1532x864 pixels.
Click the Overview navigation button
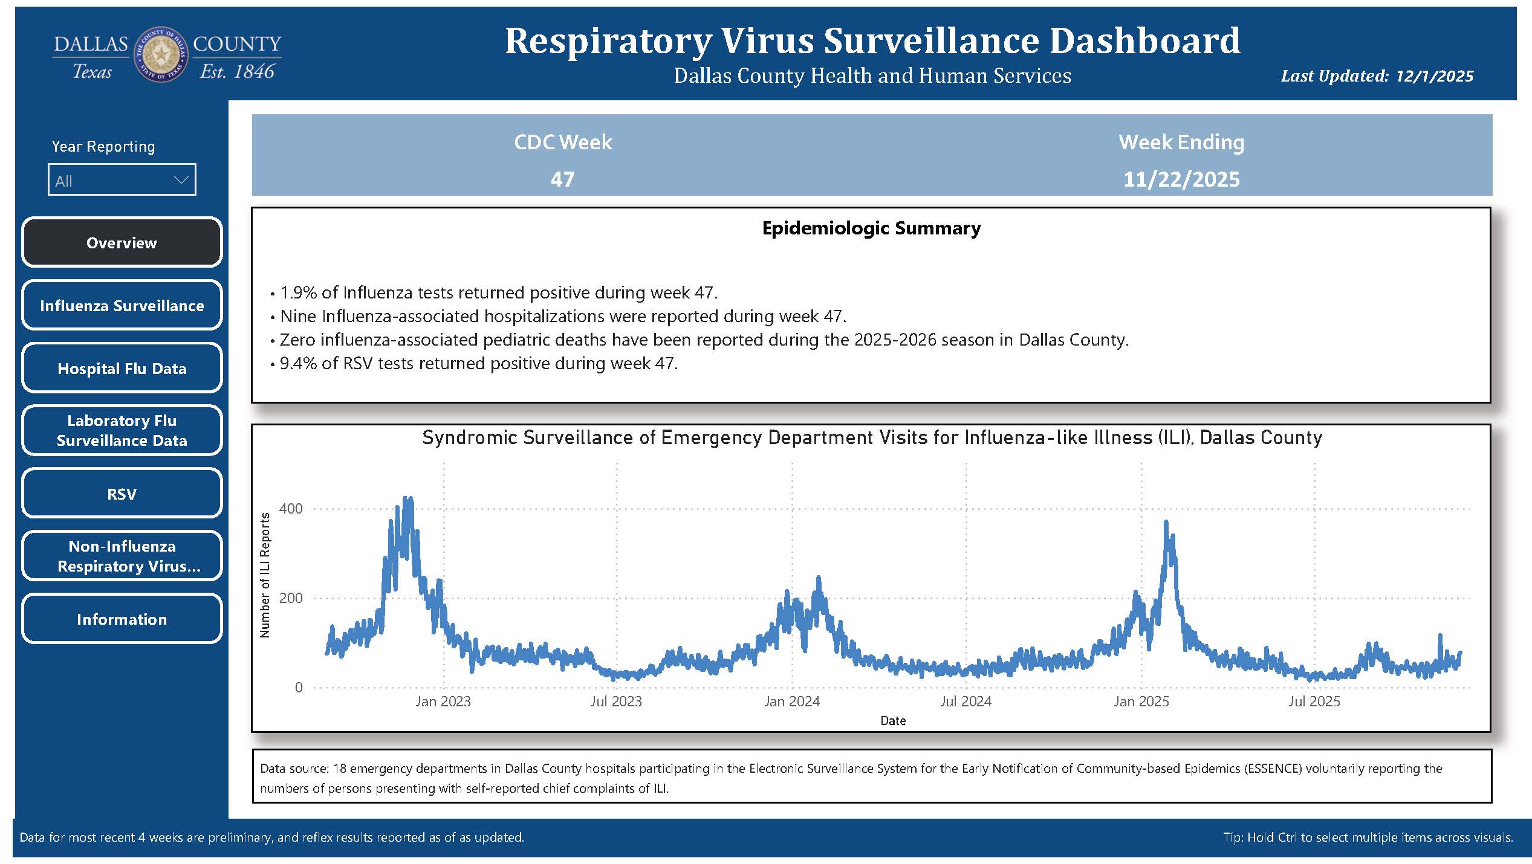point(122,242)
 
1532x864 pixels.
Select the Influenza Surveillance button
point(122,305)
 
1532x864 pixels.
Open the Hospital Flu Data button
point(122,368)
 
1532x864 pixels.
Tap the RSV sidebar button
point(122,494)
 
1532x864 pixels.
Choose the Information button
point(122,619)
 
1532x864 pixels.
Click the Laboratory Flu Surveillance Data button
point(122,430)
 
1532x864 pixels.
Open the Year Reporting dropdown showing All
point(122,180)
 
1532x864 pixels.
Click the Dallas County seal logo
point(161,55)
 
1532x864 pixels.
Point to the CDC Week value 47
point(562,179)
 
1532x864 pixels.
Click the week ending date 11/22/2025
point(1181,179)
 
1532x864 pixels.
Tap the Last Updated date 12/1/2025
point(1434,76)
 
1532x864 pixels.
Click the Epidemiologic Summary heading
point(871,228)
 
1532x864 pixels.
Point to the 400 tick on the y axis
point(291,509)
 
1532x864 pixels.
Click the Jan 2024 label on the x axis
point(791,701)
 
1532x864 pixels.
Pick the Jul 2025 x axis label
point(1314,701)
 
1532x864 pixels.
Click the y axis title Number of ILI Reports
point(264,575)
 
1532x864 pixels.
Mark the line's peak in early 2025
point(1166,523)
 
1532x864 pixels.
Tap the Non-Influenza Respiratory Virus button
point(122,556)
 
